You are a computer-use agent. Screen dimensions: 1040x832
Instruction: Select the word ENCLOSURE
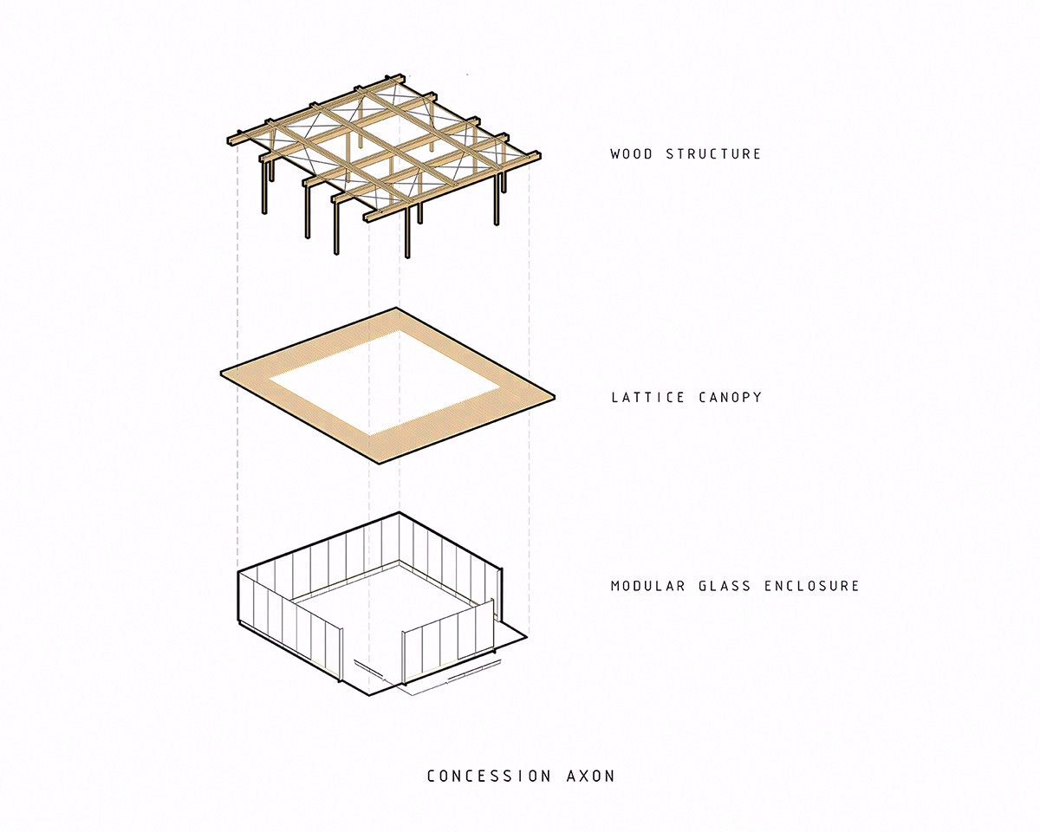(x=811, y=586)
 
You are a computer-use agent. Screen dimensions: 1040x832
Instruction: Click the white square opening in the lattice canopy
(x=385, y=382)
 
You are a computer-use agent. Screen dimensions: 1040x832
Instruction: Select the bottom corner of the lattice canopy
(x=370, y=462)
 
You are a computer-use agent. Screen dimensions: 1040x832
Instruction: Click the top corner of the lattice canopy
(x=398, y=309)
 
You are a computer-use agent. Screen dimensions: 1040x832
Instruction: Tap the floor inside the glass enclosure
(x=381, y=607)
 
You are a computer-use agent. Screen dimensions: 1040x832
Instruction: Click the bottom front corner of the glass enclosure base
(x=368, y=696)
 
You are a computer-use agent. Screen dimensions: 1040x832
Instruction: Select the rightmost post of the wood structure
(x=497, y=200)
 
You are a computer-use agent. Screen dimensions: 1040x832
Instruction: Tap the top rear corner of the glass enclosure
(x=398, y=513)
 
